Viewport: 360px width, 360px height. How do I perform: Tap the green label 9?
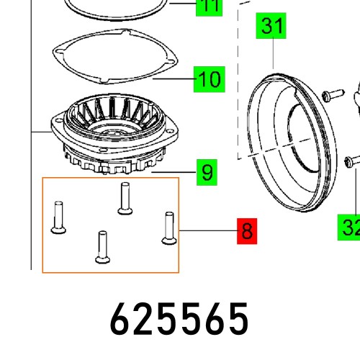(207, 174)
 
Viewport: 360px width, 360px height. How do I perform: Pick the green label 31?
(273, 29)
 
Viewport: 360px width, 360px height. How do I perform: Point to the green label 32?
(350, 229)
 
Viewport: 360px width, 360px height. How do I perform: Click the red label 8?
(247, 232)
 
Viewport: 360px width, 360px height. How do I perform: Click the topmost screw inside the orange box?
(123, 198)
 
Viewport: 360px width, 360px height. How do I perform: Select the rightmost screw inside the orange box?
(169, 228)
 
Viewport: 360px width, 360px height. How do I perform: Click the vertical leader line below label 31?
(274, 54)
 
